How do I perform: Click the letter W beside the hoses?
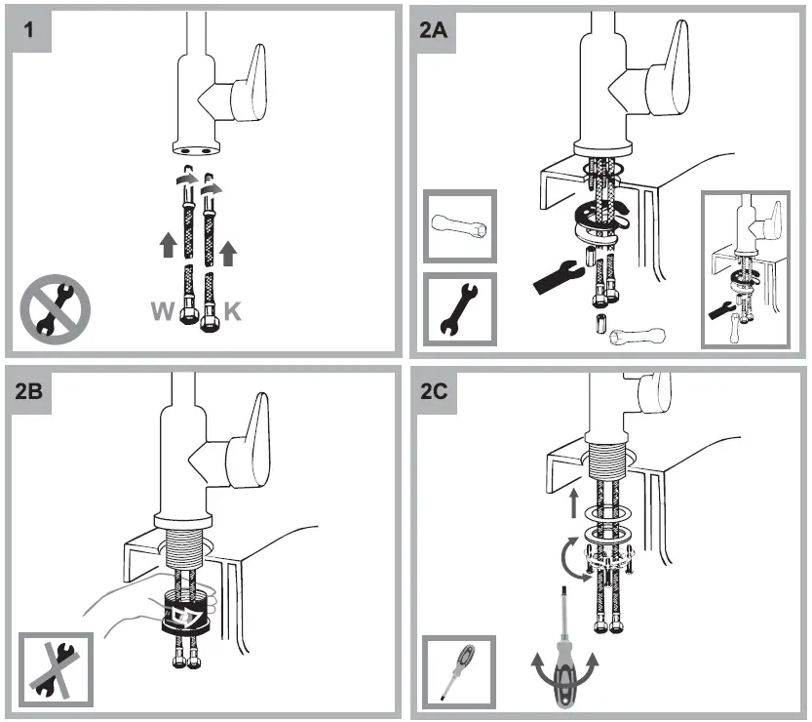163,312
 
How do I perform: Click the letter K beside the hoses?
233,312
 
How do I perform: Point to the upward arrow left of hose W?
168,246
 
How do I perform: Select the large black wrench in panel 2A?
560,275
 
